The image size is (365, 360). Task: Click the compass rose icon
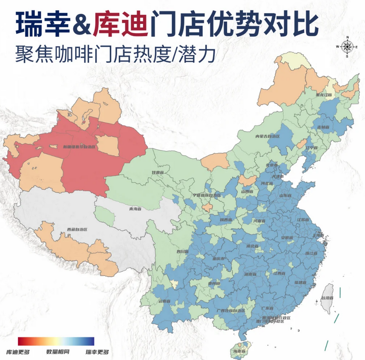pyautogui.click(x=347, y=47)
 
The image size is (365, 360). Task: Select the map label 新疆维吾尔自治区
pyautogui.click(x=80, y=147)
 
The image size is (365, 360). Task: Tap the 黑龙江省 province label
pyautogui.click(x=323, y=95)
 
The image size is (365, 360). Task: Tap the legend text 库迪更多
pyautogui.click(x=18, y=351)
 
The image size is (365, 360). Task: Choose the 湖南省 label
pyautogui.click(x=250, y=275)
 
